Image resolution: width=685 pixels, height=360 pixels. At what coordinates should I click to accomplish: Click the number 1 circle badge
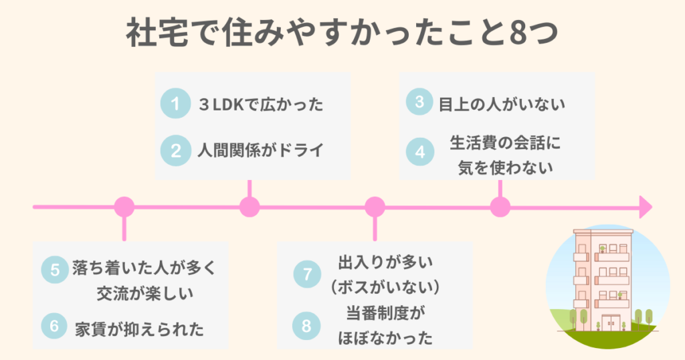[x=176, y=104]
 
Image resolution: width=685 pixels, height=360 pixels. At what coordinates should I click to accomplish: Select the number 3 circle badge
[x=419, y=103]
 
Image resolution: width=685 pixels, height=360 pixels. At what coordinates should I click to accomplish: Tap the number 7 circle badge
[x=307, y=274]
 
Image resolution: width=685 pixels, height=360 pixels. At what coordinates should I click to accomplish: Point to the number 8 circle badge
[x=307, y=326]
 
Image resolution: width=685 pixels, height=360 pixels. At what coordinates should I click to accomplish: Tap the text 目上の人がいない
[x=502, y=104]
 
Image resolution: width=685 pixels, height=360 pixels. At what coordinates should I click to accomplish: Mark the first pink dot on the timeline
[x=124, y=207]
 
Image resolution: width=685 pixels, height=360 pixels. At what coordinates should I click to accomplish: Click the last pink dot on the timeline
[x=500, y=207]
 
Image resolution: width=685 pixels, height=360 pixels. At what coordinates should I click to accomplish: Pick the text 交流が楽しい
[x=141, y=293]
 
